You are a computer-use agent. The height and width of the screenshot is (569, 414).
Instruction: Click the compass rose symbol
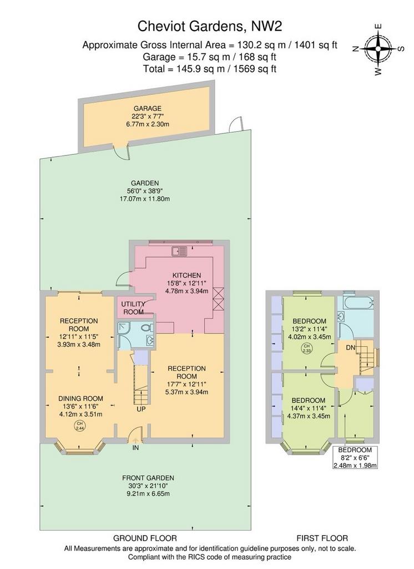(x=378, y=48)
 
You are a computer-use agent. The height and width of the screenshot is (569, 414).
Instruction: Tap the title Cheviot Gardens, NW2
(x=210, y=27)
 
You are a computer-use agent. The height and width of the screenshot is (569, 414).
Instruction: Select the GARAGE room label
(x=148, y=108)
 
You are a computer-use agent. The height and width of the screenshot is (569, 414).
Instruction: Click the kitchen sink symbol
(x=180, y=251)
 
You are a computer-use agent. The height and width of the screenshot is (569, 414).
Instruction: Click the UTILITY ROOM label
(x=133, y=308)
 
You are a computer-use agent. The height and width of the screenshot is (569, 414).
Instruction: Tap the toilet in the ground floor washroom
(x=147, y=328)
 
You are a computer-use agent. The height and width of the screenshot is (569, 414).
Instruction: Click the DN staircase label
(x=350, y=348)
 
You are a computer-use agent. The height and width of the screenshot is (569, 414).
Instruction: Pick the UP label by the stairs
(x=142, y=409)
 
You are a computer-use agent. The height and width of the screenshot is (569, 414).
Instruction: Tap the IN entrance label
(x=135, y=448)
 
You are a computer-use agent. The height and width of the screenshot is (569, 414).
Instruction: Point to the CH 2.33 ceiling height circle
(x=306, y=349)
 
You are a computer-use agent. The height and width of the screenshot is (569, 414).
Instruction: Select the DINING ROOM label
(x=81, y=398)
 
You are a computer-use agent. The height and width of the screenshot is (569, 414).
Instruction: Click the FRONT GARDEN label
(x=148, y=478)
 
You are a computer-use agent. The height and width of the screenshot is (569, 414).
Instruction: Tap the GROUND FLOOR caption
(x=145, y=538)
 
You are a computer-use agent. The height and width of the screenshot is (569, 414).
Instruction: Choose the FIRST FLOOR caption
(x=322, y=538)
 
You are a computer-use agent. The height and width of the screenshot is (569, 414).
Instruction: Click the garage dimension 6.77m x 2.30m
(x=148, y=124)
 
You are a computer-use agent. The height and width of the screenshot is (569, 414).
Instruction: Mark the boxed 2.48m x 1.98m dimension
(x=355, y=466)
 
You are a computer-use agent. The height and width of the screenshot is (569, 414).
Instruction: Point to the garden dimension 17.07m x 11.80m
(x=145, y=199)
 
